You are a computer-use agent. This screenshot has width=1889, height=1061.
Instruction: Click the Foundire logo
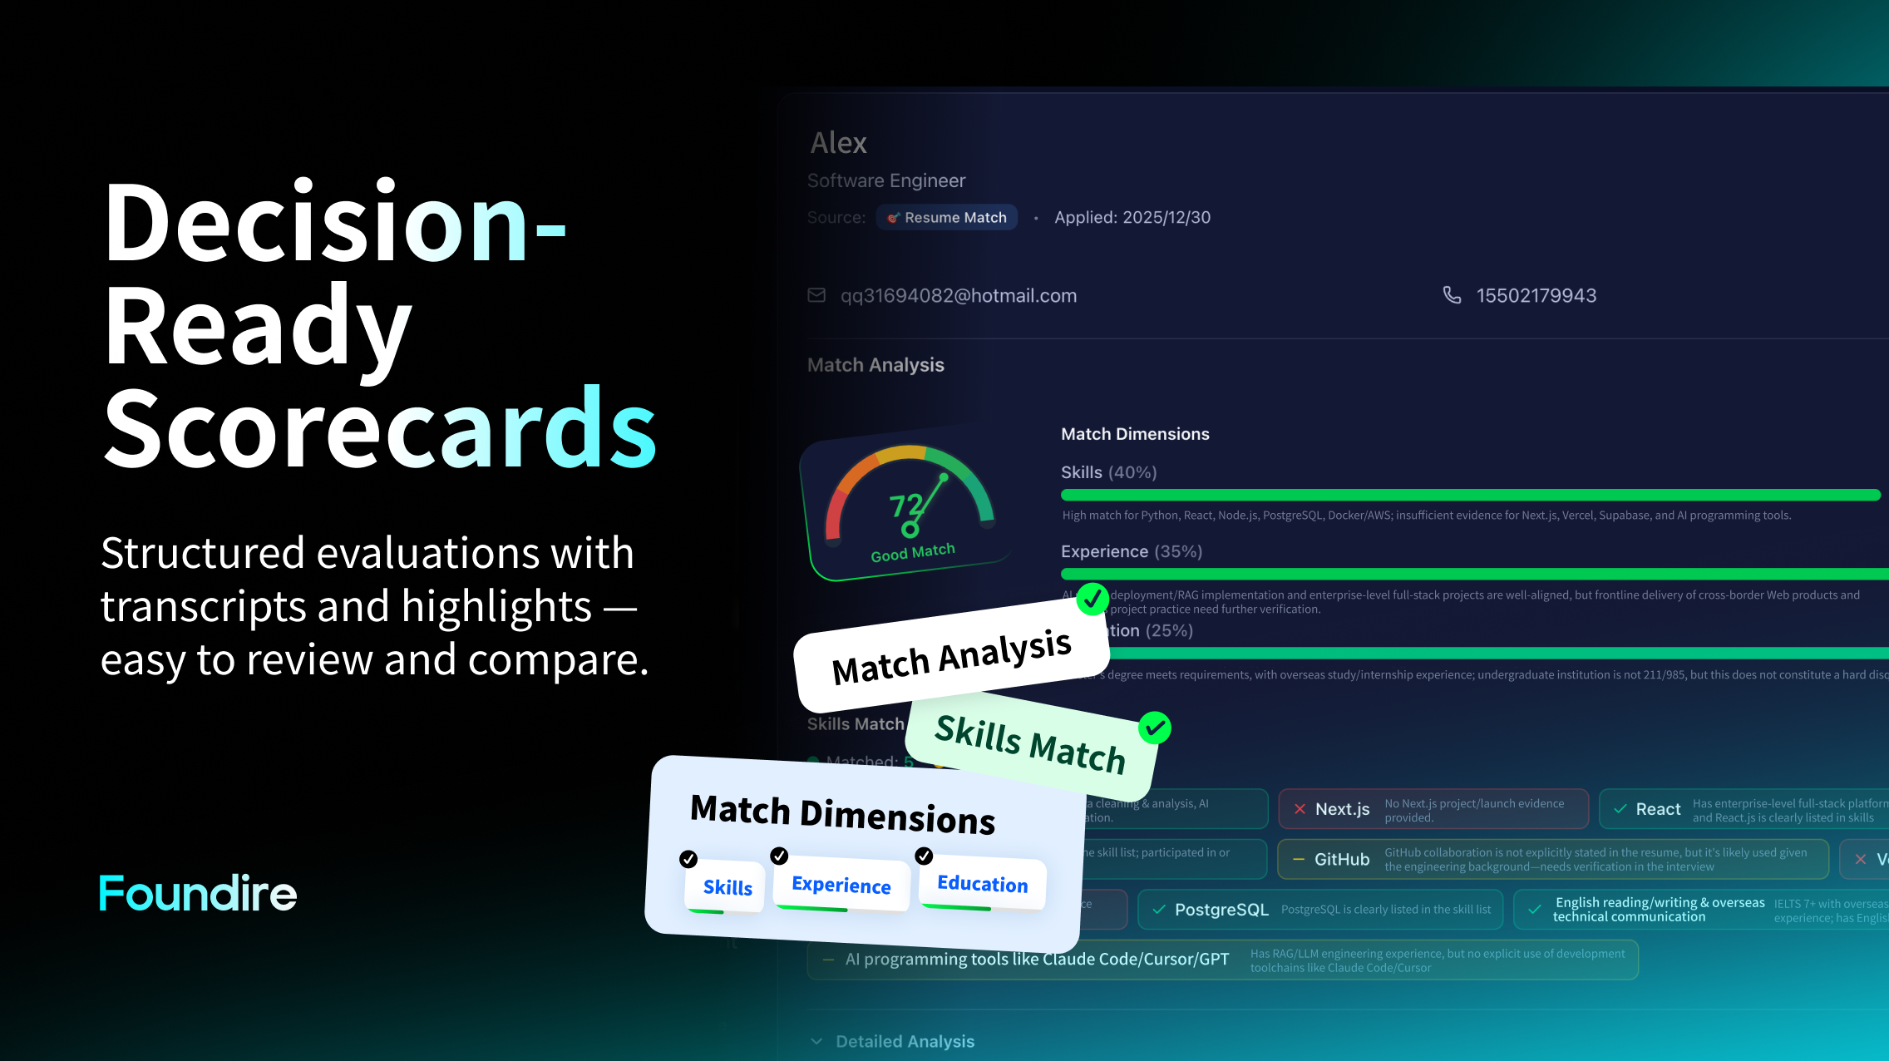tap(198, 893)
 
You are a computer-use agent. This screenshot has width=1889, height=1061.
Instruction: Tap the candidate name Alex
tap(838, 143)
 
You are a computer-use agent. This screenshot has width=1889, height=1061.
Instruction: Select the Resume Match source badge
tap(947, 217)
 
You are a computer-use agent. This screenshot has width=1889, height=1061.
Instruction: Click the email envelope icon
tap(816, 295)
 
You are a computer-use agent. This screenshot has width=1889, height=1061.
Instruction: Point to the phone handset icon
tap(1452, 295)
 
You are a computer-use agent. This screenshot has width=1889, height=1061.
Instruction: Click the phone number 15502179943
tap(1536, 295)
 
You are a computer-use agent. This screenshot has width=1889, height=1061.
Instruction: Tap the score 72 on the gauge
tap(905, 505)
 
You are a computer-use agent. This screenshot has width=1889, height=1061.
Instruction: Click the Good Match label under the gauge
tap(912, 552)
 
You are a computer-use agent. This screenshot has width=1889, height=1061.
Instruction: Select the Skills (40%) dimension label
tap(1108, 472)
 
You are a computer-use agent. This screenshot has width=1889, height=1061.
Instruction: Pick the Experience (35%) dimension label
tap(1131, 551)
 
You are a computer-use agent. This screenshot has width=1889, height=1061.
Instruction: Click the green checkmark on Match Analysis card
tap(1092, 598)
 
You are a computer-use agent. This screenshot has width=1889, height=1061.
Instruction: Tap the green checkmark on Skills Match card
tap(1154, 728)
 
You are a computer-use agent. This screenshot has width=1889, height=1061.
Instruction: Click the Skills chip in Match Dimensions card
tap(727, 887)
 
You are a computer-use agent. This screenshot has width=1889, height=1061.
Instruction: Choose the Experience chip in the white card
tap(841, 885)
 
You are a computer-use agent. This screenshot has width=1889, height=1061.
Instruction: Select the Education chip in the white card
tap(982, 883)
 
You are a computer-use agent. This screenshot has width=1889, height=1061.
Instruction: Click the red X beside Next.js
tap(1300, 809)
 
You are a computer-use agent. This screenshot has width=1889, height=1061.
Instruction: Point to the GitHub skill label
tap(1341, 860)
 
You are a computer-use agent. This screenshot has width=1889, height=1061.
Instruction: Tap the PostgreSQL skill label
tap(1221, 910)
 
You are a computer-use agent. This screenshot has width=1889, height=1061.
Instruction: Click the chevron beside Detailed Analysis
tap(816, 1041)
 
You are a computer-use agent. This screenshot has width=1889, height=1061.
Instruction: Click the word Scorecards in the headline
tap(380, 429)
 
